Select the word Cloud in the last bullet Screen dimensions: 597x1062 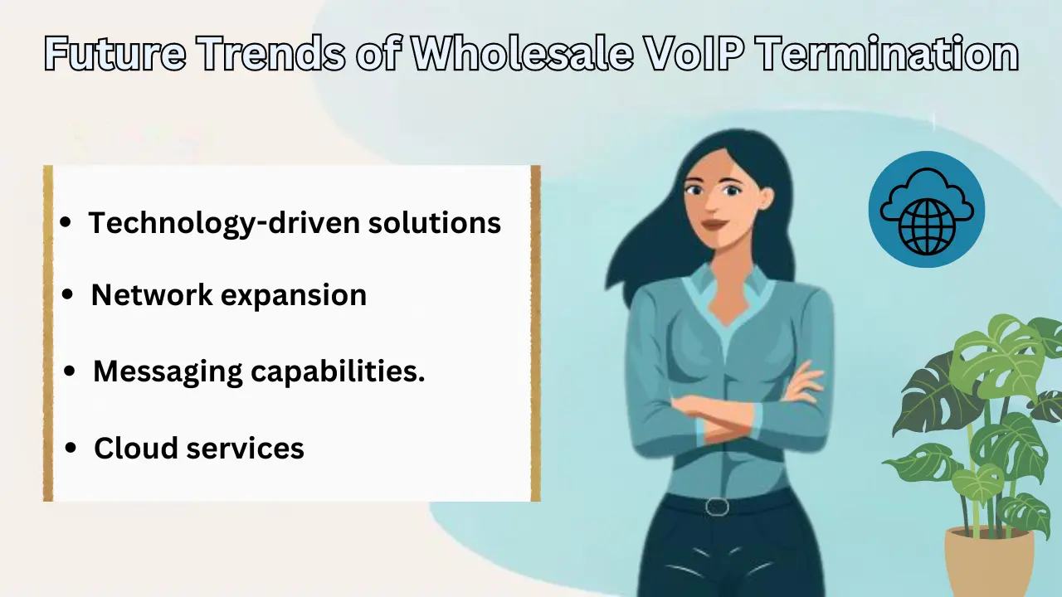(134, 448)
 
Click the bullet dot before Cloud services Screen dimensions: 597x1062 (71, 449)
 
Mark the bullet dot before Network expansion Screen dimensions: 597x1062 (69, 296)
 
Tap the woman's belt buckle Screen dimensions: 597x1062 (717, 506)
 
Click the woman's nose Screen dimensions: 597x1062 (711, 206)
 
